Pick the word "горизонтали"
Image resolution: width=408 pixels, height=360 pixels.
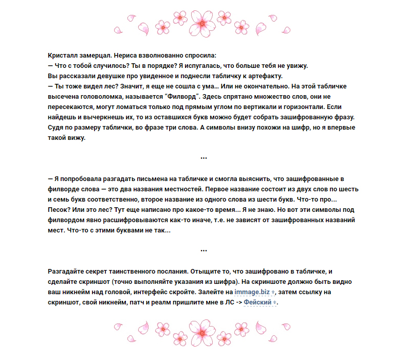point(301,106)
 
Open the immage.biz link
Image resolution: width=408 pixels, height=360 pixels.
point(252,292)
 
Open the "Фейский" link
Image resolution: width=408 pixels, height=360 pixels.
point(257,302)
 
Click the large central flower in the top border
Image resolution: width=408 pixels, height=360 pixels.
point(204,21)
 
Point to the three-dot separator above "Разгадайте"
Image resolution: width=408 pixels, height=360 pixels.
point(204,250)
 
